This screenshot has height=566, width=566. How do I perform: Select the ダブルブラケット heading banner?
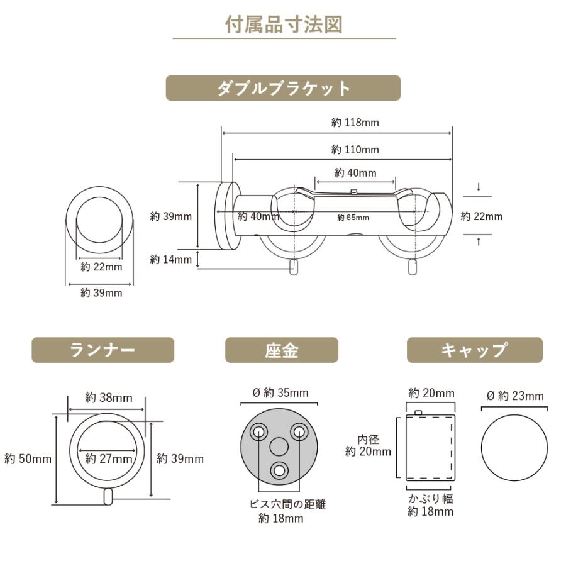283,88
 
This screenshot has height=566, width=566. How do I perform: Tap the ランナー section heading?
103,350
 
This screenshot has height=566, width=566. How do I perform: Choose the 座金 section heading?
281,350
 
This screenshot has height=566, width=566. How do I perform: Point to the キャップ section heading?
474,350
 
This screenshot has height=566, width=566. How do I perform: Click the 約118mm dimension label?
355,123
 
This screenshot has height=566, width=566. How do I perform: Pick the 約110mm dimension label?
355,150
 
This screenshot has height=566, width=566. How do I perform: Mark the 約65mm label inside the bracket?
353,218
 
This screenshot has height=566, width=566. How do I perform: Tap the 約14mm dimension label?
171,259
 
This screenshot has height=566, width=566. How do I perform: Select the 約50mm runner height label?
28,458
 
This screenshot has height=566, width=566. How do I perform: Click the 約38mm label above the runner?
109,397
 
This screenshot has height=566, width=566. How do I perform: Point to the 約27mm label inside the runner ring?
108,458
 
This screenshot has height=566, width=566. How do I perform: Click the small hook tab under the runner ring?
109,496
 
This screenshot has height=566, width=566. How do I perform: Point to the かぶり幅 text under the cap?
430,499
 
